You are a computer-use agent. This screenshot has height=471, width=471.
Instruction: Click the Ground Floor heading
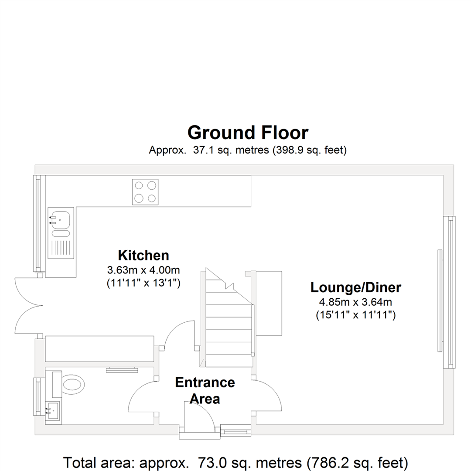pyautogui.click(x=248, y=133)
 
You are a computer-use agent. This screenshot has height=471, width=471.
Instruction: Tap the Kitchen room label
pyautogui.click(x=143, y=255)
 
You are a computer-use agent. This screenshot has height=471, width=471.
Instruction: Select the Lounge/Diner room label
pyautogui.click(x=356, y=287)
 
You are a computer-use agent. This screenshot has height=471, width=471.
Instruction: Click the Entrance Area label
pyautogui.click(x=205, y=390)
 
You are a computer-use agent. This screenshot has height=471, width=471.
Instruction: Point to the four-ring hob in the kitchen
pyautogui.click(x=145, y=192)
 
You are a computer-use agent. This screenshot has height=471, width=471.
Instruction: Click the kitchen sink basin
pyautogui.click(x=60, y=220)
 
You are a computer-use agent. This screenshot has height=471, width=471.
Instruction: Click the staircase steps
pyautogui.click(x=227, y=318)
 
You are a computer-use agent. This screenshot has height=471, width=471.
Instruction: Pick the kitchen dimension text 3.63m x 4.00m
pyautogui.click(x=143, y=270)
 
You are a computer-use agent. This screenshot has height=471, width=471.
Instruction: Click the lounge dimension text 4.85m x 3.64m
pyautogui.click(x=356, y=302)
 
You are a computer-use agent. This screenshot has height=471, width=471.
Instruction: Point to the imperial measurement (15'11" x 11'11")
pyautogui.click(x=356, y=315)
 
